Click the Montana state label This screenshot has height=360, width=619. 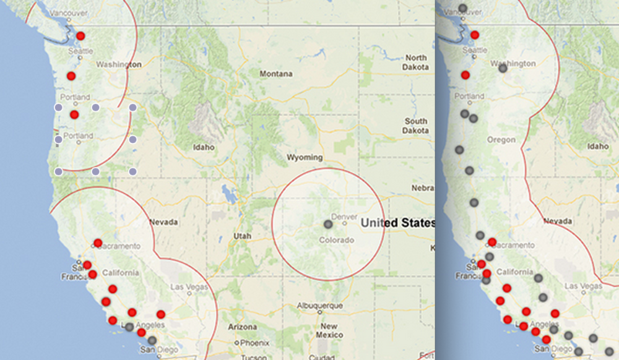(276, 74)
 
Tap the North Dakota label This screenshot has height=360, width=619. (416, 62)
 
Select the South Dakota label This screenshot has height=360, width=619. (416, 126)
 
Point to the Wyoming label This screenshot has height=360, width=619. (305, 158)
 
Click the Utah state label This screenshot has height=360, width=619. (242, 236)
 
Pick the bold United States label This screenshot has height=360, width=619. (397, 223)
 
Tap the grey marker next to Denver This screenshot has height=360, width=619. (328, 224)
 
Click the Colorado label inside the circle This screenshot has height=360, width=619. (336, 240)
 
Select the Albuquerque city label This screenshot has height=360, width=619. (320, 306)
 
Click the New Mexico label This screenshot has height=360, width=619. (329, 330)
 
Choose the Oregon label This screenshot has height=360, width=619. (501, 140)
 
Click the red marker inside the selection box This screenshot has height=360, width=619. (74, 114)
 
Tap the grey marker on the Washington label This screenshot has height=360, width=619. (503, 67)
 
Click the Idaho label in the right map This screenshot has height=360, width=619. (599, 147)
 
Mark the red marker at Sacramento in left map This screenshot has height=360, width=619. (98, 242)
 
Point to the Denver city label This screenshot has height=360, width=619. (345, 216)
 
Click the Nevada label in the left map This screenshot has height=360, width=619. (163, 222)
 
